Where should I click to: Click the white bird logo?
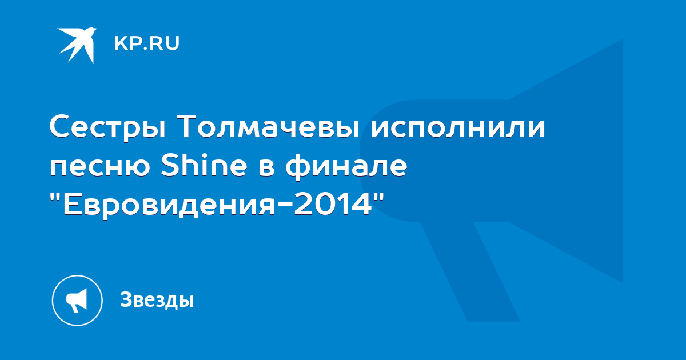click(x=78, y=45)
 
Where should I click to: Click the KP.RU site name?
click(x=147, y=43)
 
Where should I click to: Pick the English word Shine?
click(x=204, y=165)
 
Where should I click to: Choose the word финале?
click(x=346, y=166)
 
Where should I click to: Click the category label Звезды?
click(x=157, y=299)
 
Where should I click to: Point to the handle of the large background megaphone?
click(x=470, y=272)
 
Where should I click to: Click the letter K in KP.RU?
click(x=121, y=43)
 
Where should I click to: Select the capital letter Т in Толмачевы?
click(x=188, y=126)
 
